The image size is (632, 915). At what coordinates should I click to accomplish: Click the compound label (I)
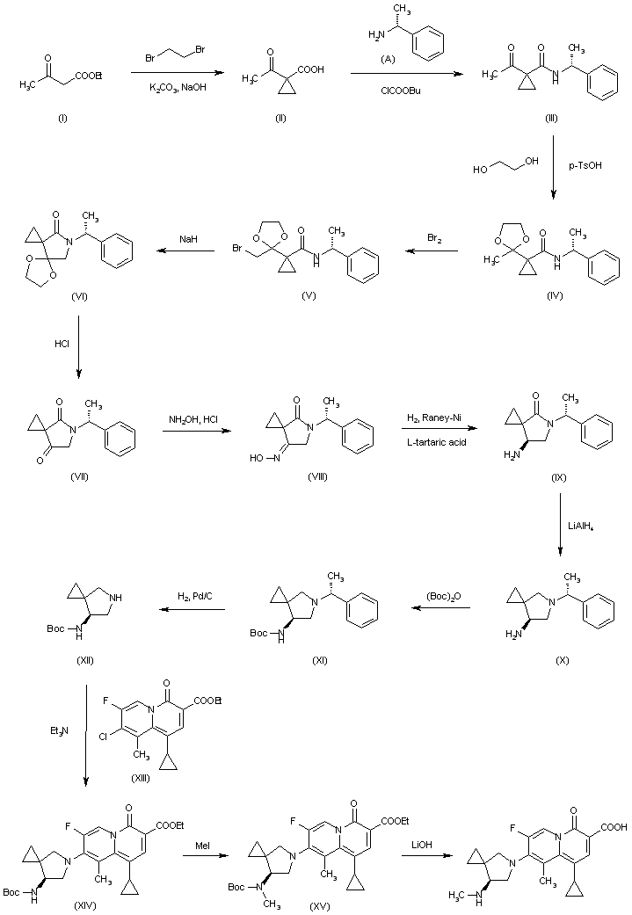point(62,118)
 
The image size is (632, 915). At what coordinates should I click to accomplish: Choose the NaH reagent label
point(188,240)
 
